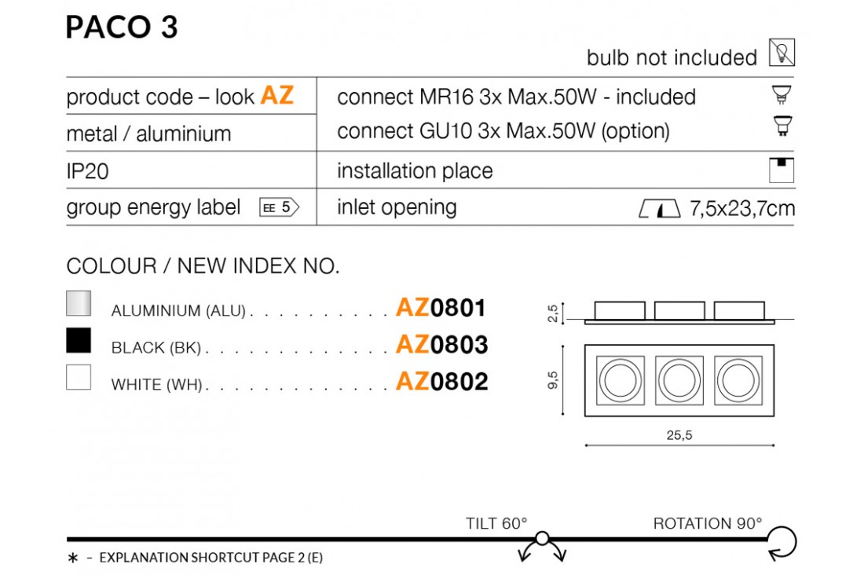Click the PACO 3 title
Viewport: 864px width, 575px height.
(122, 27)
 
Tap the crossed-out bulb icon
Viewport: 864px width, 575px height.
(782, 53)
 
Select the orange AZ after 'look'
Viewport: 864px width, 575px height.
(276, 95)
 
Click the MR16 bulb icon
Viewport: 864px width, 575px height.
(782, 95)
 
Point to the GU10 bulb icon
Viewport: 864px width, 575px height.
(782, 126)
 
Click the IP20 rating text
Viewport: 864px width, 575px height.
(87, 171)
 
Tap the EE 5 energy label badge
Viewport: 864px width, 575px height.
(280, 207)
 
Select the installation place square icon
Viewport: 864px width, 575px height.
(782, 170)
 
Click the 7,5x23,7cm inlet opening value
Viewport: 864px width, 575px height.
(741, 208)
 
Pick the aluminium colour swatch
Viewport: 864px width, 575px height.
(79, 303)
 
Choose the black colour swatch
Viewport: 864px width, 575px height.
(79, 340)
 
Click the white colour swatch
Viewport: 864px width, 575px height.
(79, 377)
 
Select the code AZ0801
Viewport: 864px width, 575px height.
(441, 308)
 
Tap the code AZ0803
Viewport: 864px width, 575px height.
(442, 345)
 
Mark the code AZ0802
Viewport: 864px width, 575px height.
(442, 382)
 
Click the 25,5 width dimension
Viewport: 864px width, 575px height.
(679, 435)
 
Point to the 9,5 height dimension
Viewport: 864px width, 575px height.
(553, 380)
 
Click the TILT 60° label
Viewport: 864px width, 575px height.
(496, 523)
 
